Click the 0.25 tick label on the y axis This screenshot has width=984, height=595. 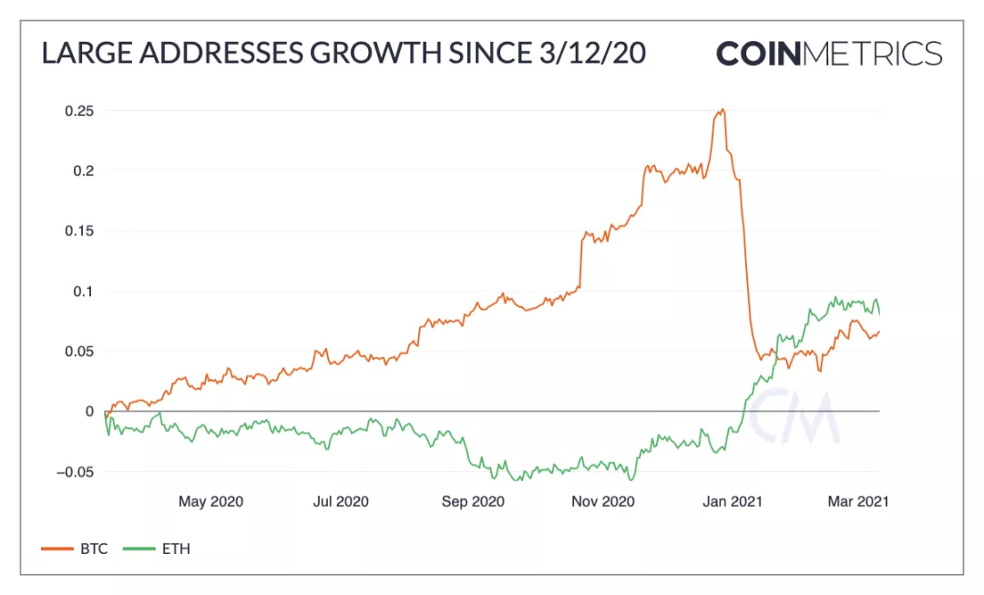pyautogui.click(x=78, y=111)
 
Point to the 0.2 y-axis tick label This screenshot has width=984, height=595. pyautogui.click(x=82, y=171)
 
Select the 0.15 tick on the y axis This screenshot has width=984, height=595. pyautogui.click(x=78, y=231)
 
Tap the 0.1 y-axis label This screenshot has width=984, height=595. pyautogui.click(x=82, y=292)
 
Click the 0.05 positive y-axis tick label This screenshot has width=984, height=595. pyautogui.click(x=78, y=352)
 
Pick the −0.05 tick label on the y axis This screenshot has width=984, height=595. pyautogui.click(x=75, y=472)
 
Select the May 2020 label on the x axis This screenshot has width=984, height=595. pyautogui.click(x=210, y=501)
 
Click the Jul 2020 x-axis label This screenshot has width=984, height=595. pyautogui.click(x=340, y=501)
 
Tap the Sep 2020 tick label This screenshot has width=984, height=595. pyautogui.click(x=472, y=501)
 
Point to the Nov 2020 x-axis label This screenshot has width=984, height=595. pyautogui.click(x=602, y=501)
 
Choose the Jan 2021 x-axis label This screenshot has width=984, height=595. pyautogui.click(x=733, y=501)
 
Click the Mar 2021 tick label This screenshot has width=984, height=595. pyautogui.click(x=857, y=501)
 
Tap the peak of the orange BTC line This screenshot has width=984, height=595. pyautogui.click(x=722, y=110)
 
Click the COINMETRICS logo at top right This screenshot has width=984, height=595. pyautogui.click(x=828, y=53)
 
